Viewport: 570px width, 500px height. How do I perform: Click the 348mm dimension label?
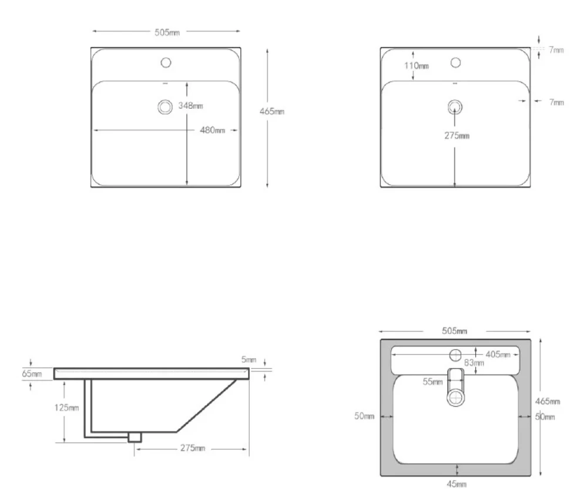[190, 106]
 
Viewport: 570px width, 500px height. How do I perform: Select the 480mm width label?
[212, 130]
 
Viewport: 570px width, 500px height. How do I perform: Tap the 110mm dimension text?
[417, 66]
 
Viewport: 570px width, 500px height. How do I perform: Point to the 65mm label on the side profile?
[32, 374]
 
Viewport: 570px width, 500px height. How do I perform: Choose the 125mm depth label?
[66, 408]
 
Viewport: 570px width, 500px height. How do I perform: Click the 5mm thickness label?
[249, 360]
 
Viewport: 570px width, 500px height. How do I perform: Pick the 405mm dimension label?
[498, 354]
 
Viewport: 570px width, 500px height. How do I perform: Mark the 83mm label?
[474, 363]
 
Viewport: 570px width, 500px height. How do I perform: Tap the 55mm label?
[432, 381]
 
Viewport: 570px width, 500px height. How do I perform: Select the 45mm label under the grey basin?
[457, 484]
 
